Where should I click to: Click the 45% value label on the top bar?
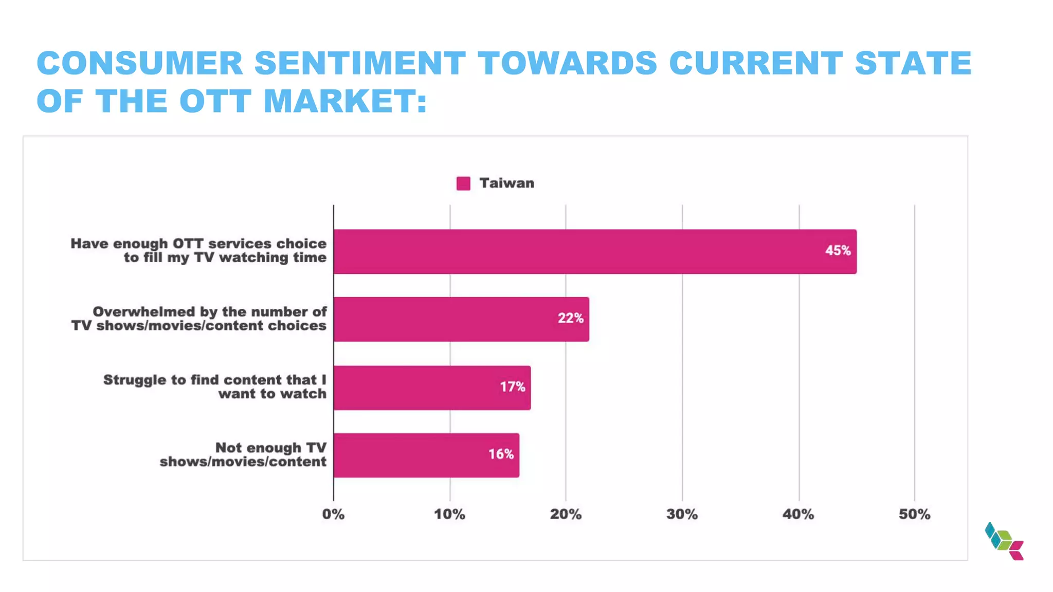(x=838, y=251)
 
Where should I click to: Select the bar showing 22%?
(x=461, y=319)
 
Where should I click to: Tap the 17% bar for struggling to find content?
(x=432, y=387)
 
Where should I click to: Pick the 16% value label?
(x=501, y=454)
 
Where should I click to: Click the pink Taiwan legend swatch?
(x=463, y=183)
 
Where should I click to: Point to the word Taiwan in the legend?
(x=506, y=183)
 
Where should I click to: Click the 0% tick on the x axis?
(x=333, y=514)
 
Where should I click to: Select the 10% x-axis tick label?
(x=449, y=514)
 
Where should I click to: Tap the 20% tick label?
(x=566, y=514)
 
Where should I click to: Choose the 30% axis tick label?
(x=682, y=514)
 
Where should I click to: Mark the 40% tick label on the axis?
(x=798, y=514)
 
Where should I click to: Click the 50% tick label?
(x=914, y=514)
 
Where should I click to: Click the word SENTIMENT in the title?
(x=360, y=63)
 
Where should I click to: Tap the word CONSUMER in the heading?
(x=139, y=63)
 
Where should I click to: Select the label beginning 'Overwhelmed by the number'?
(x=199, y=319)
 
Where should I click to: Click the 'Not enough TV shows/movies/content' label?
(x=243, y=455)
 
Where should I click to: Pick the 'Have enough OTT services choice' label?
(x=199, y=250)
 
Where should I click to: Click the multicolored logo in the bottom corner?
(x=1004, y=541)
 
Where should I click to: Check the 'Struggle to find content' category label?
(x=215, y=386)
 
